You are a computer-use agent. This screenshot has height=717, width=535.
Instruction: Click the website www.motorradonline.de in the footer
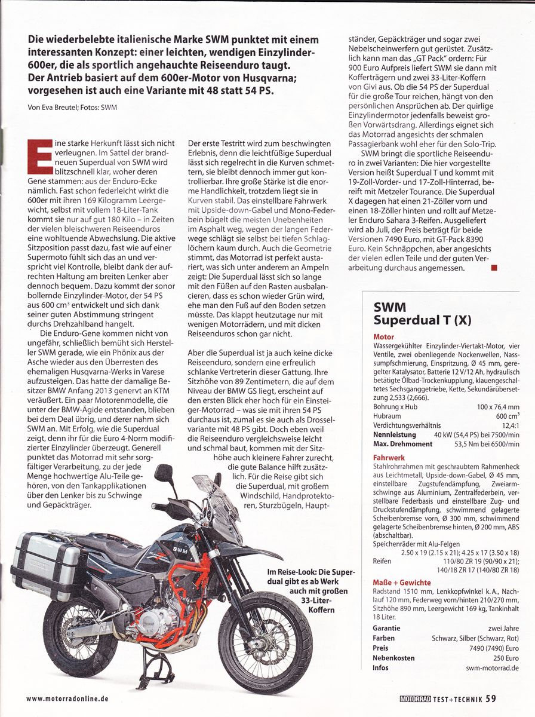coord(67,698)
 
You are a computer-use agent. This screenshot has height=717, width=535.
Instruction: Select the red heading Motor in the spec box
coord(383,337)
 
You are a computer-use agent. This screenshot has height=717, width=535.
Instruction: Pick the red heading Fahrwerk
coord(389,458)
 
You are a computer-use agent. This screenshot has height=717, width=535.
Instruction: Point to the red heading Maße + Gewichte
coord(401,583)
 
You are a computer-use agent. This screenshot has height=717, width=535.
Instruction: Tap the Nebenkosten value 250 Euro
coord(505,657)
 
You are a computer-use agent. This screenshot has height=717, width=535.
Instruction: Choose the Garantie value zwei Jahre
coord(503,628)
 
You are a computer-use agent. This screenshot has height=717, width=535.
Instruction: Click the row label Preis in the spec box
coord(380,648)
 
